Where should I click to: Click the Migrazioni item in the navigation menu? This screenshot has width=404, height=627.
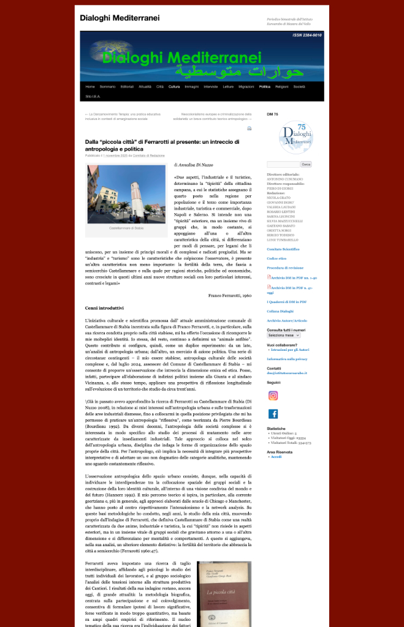coord(246,87)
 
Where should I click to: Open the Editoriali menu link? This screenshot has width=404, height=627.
coord(127,87)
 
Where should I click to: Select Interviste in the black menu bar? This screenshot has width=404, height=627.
coord(210,87)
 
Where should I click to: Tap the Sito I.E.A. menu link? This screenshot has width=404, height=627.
coord(92,97)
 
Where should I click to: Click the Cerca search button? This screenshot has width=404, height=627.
coord(306,164)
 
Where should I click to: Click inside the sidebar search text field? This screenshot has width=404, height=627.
coord(283,164)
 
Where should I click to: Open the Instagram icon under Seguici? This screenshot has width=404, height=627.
coord(273,396)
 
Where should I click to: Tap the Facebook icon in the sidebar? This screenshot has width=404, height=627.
coord(273,414)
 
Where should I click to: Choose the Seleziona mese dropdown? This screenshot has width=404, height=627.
coord(283,336)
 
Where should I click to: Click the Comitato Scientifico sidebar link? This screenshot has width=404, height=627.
coord(284,249)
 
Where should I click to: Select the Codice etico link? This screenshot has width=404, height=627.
coord(277,258)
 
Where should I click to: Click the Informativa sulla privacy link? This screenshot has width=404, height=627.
coord(287,358)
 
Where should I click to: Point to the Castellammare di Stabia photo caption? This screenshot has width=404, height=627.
coord(126,228)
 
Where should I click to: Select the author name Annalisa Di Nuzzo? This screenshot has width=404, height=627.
coord(195,165)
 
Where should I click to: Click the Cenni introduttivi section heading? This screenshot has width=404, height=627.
coord(104,308)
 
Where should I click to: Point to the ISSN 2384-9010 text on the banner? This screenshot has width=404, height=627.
coord(307,36)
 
